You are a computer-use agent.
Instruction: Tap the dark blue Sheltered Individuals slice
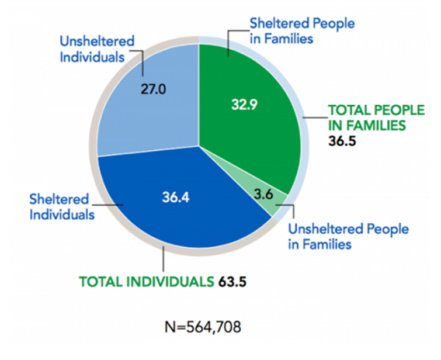pos(175,210)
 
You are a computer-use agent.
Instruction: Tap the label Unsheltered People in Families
pos(348,236)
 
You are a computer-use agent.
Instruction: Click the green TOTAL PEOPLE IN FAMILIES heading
pos(367,117)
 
